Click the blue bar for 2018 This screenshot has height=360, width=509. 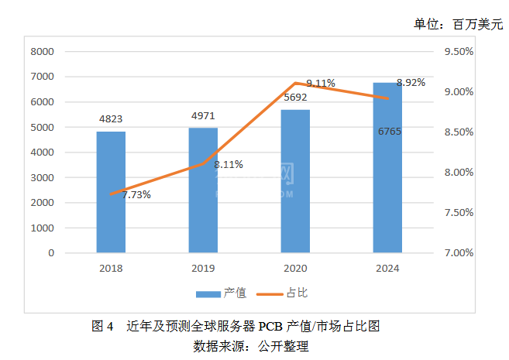[111, 192]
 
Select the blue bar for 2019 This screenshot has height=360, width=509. [203, 190]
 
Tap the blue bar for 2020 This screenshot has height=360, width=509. [295, 181]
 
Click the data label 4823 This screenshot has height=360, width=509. [111, 119]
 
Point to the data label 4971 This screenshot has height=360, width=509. [203, 116]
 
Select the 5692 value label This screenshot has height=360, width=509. [296, 98]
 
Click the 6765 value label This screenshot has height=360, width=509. [389, 132]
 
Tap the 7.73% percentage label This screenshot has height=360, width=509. [136, 194]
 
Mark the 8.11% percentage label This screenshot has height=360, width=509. [229, 164]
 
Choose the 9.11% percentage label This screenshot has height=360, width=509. [320, 83]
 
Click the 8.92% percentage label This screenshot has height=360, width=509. [411, 83]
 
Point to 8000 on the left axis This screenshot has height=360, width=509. [42, 52]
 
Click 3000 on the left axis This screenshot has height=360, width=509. [42, 177]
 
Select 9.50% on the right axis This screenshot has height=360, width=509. [459, 52]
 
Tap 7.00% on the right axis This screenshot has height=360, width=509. [459, 253]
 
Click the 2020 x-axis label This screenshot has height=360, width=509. [295, 268]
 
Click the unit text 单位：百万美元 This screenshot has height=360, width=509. [458, 24]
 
